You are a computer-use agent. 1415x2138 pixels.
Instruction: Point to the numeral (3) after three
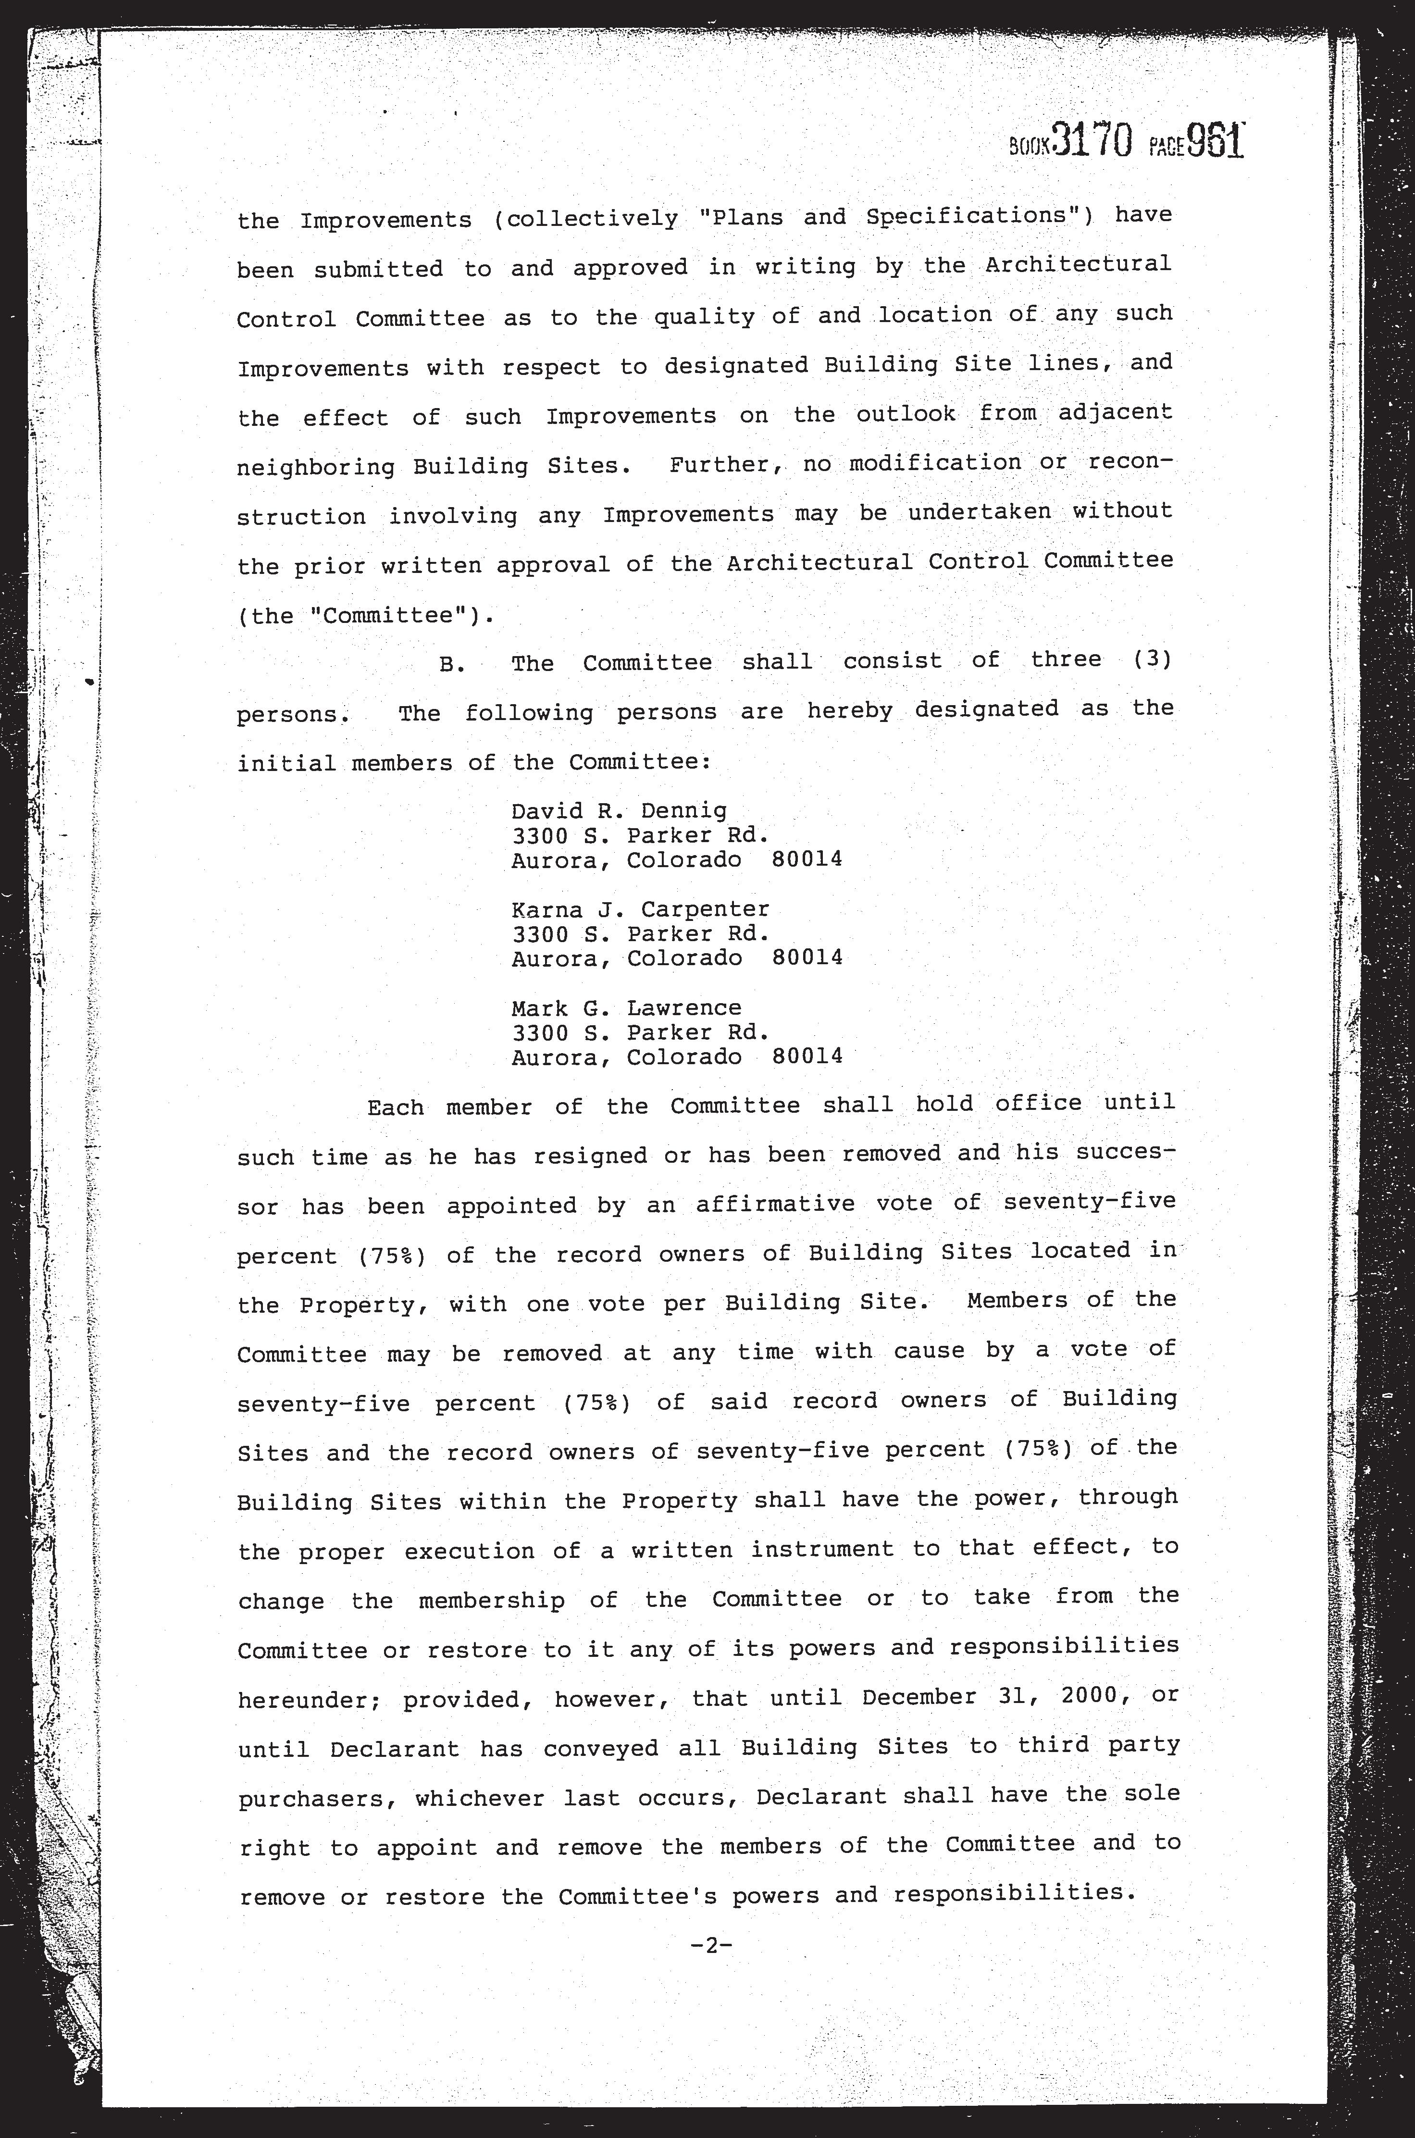[x=1153, y=660]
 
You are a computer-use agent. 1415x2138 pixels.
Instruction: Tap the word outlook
[x=905, y=414]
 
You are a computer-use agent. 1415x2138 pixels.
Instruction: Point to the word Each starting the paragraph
[x=395, y=1106]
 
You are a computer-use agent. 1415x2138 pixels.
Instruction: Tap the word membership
[x=492, y=1600]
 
